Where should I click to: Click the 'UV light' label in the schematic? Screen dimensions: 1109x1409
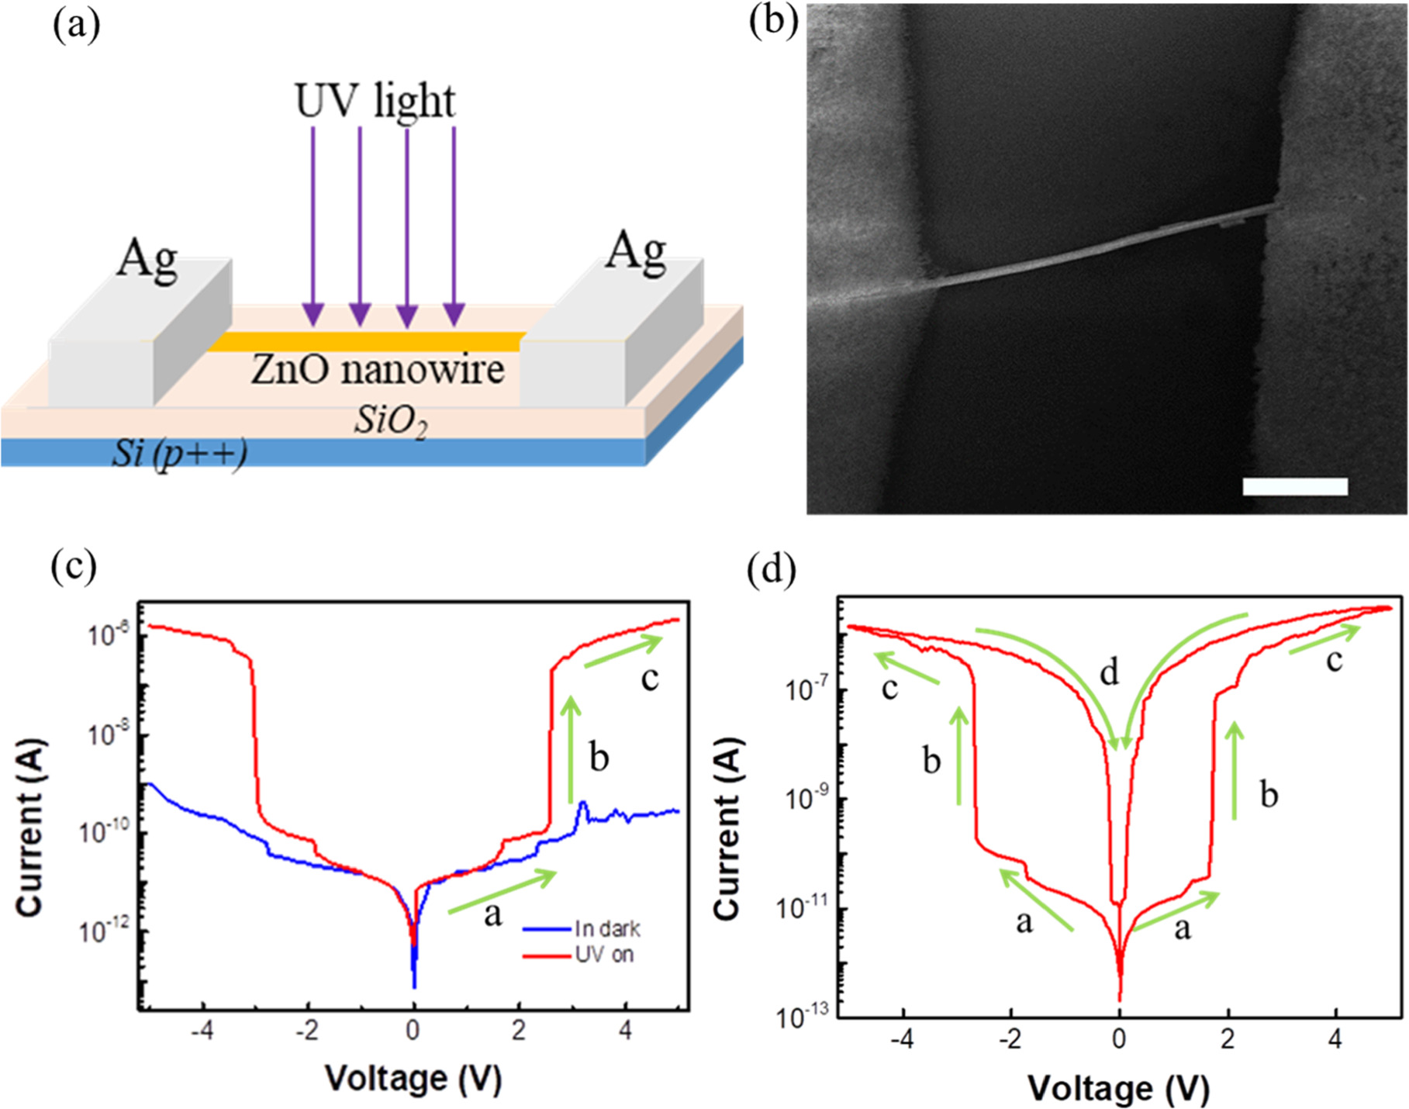click(x=375, y=102)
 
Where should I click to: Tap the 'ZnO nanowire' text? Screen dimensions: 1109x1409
click(x=378, y=369)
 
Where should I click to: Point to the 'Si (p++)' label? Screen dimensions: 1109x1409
click(x=179, y=453)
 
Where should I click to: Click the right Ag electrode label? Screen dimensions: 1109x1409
click(x=635, y=251)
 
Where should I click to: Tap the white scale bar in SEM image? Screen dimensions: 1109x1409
click(x=1294, y=486)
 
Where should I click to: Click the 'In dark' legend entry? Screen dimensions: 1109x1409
click(x=607, y=928)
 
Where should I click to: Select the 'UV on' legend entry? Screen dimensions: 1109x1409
click(x=604, y=954)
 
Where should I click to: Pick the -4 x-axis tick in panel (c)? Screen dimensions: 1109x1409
click(x=202, y=1031)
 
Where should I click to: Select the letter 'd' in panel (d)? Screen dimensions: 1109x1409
click(x=1110, y=672)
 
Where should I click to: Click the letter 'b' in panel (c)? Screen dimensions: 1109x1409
click(x=599, y=757)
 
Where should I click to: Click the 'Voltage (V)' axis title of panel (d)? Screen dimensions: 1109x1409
click(x=1118, y=1089)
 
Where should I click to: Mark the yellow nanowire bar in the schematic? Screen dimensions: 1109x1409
click(x=364, y=341)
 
